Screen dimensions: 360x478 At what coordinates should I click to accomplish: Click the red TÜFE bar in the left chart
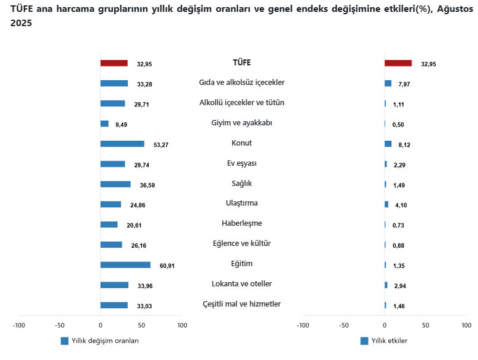click(114, 63)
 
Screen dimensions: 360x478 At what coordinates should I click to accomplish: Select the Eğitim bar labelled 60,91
click(125, 265)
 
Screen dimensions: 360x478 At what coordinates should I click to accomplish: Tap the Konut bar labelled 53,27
click(122, 144)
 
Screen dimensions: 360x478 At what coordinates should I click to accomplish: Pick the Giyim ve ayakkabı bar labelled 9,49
click(105, 124)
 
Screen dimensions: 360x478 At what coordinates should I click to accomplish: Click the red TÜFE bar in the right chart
click(398, 63)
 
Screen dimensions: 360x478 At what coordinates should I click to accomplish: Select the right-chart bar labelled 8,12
click(388, 144)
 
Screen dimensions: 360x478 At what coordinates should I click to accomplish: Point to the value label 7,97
click(404, 84)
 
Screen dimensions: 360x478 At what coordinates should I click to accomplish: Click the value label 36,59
click(147, 185)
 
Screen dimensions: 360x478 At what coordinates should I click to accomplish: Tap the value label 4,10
click(399, 206)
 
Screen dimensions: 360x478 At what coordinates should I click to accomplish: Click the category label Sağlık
click(241, 183)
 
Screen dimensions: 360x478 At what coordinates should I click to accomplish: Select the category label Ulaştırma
click(241, 203)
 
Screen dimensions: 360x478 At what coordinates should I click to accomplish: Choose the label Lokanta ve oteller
click(241, 284)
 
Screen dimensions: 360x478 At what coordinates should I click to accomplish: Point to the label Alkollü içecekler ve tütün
click(241, 102)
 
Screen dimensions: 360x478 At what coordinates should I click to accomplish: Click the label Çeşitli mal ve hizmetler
click(241, 304)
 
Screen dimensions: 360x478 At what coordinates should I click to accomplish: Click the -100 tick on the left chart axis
click(18, 326)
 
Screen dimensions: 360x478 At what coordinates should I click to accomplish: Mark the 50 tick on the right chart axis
click(426, 326)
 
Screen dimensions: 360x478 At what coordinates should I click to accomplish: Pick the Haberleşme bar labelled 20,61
click(109, 225)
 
